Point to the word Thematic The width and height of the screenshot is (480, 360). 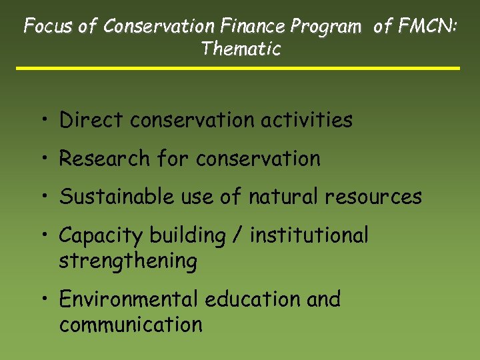point(241,49)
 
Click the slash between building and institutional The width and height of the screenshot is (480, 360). point(237,235)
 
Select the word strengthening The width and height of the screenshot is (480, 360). point(128,261)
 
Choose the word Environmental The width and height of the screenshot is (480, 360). point(129,299)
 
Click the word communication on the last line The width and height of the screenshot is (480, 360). point(131,325)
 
